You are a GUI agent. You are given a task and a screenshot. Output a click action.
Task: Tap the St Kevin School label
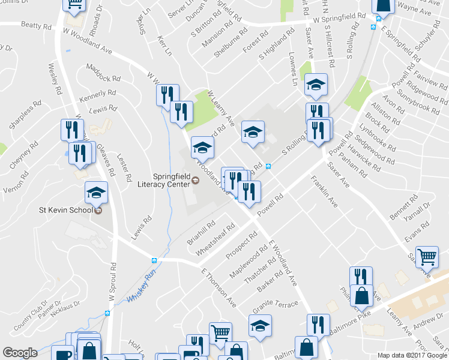[65, 210]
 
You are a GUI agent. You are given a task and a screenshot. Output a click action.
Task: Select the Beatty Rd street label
[36, 26]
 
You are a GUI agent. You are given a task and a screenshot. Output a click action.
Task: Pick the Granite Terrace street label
[276, 306]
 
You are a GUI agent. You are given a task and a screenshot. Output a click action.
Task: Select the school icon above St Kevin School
[96, 193]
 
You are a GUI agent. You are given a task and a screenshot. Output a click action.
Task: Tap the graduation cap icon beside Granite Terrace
[260, 326]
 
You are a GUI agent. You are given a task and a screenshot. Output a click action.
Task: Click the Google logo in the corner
[20, 353]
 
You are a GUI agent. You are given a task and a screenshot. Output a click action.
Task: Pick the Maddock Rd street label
[104, 74]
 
